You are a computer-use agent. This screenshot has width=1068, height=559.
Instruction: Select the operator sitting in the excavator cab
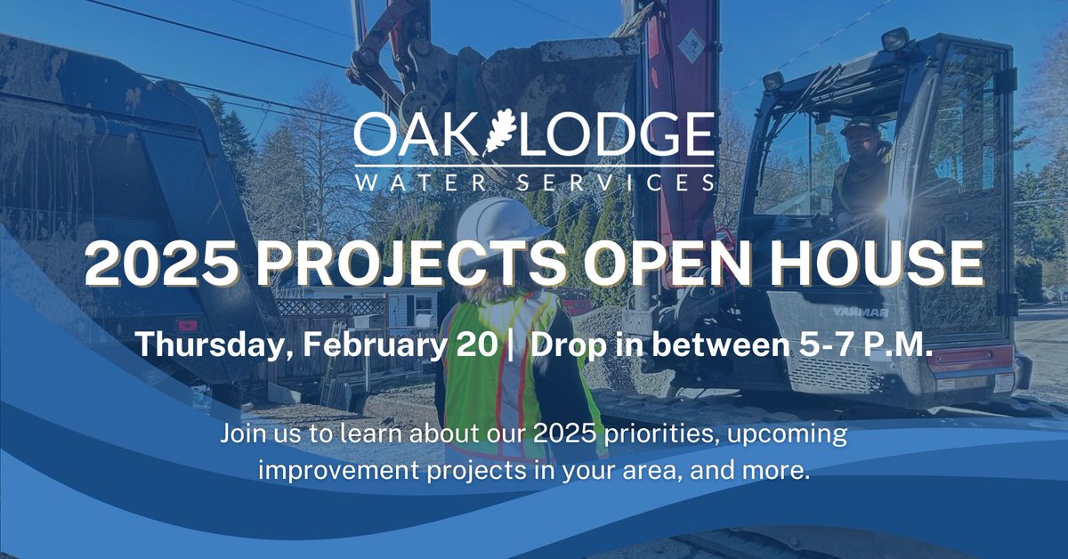click(x=862, y=169)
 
